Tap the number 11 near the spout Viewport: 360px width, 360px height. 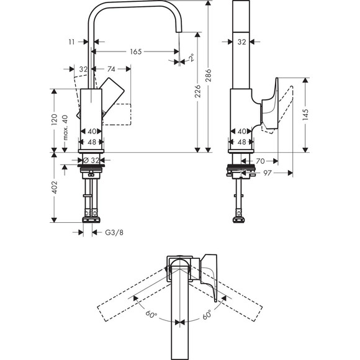pos(73,42)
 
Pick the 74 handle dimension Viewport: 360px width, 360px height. pos(112,69)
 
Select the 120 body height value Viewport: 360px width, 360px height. pos(54,120)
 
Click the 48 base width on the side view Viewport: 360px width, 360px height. pos(241,141)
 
